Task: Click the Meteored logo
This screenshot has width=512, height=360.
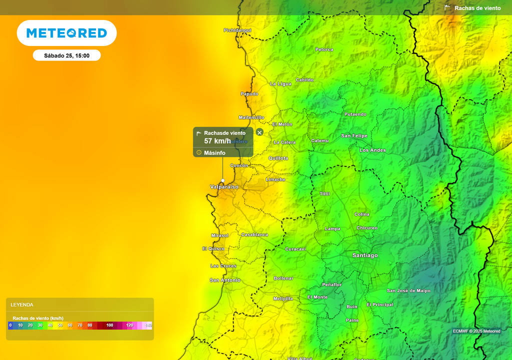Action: point(66,33)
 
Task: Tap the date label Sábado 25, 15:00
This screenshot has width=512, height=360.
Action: point(66,55)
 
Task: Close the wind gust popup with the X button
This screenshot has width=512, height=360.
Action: point(259,132)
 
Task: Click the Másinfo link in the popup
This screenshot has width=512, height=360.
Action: point(214,152)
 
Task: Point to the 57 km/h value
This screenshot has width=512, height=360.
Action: point(217,141)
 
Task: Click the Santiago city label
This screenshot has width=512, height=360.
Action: point(365,255)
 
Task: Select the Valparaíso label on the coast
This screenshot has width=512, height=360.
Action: point(224,187)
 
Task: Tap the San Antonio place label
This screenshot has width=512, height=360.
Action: point(225,280)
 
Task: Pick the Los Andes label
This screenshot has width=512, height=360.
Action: point(372,150)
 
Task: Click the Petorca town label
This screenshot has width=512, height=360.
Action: point(324,49)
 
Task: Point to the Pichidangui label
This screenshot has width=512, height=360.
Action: point(237,30)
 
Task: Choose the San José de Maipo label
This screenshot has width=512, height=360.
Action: point(408,290)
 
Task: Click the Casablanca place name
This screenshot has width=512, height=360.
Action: point(254,234)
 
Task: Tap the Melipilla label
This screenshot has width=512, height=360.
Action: point(283,298)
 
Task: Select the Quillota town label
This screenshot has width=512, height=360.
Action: point(278,158)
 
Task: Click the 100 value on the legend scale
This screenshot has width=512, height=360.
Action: point(109,325)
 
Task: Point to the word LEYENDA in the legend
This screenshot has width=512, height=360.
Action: point(22,304)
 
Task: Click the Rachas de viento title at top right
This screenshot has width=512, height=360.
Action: point(477,8)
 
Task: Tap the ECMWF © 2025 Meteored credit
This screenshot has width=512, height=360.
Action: point(476,331)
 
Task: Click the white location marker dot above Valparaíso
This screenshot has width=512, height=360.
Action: point(223,180)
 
